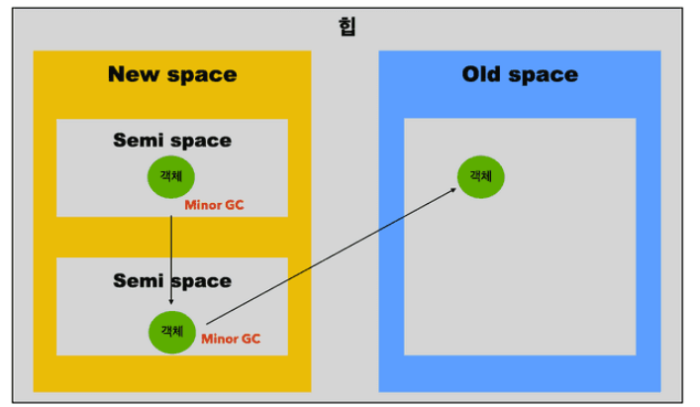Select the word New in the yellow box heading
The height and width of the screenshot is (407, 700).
135,74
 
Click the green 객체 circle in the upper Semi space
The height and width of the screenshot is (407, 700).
171,176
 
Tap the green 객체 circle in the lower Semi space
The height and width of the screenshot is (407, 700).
171,331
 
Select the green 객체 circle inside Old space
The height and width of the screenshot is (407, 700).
480,176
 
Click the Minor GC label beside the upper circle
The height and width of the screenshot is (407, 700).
213,206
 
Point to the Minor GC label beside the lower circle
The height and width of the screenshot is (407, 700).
230,339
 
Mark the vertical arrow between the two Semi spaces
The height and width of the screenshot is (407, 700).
171,253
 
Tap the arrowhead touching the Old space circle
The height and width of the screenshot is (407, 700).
453,188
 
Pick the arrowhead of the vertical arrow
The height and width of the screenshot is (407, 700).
171,300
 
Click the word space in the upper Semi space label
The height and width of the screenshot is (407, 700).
204,141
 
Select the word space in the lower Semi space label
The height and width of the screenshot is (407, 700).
204,281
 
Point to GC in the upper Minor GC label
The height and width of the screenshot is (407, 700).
233,206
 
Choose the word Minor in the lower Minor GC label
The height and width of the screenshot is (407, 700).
219,339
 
